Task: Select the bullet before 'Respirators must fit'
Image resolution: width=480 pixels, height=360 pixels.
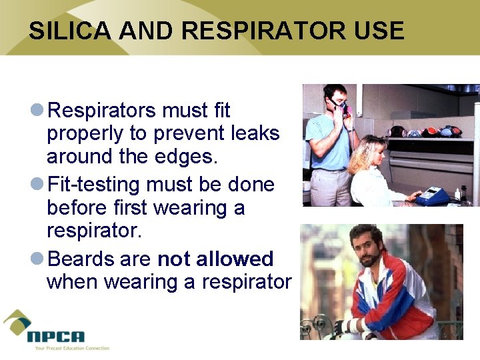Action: pos(38,109)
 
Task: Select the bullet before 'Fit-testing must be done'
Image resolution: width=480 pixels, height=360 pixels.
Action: pos(38,184)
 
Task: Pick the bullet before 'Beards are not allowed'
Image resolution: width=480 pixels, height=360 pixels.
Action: pos(38,258)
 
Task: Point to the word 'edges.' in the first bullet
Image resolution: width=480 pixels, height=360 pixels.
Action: pos(189,157)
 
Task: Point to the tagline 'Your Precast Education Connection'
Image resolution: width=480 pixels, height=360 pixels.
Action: pos(68,348)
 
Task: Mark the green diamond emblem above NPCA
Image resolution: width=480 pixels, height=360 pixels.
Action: pos(17,322)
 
